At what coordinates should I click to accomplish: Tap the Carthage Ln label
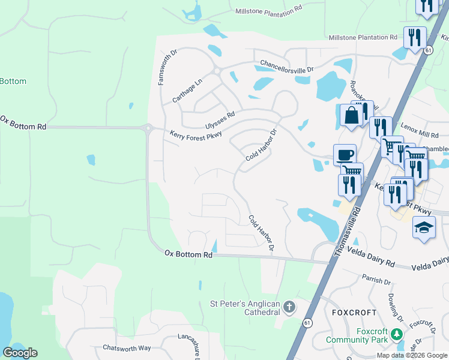point(188,89)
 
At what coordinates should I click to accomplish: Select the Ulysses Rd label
point(219,119)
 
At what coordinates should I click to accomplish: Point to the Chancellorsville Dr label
point(287,67)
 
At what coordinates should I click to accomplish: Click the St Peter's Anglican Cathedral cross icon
point(289,308)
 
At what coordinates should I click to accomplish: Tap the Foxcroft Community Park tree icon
point(396,333)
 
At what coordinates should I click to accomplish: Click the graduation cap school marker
point(424,228)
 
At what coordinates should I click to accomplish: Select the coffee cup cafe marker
point(345,155)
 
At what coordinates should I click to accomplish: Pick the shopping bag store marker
point(351,115)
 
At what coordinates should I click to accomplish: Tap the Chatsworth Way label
point(127,347)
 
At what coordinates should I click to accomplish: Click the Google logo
point(20,353)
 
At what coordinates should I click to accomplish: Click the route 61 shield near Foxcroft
point(308,323)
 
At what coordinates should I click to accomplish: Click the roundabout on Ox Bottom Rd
point(148,127)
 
